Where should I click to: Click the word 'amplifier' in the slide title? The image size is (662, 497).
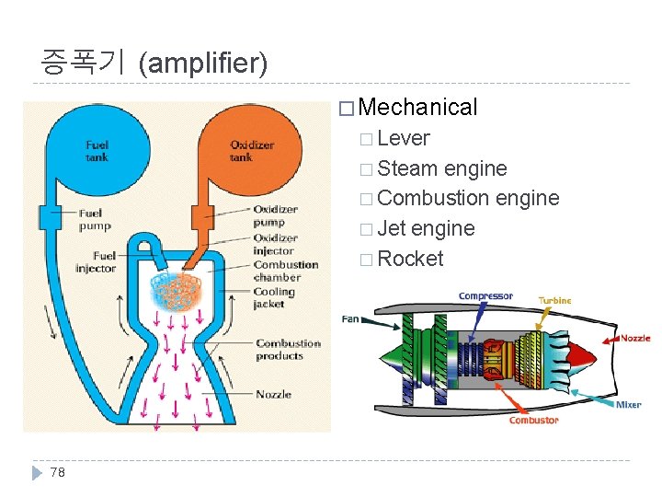(x=202, y=64)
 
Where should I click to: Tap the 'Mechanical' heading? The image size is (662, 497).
(x=418, y=107)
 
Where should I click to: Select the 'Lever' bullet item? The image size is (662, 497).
(x=404, y=138)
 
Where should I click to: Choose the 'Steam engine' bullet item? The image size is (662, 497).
(x=441, y=168)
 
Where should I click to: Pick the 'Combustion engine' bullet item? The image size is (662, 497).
(x=467, y=198)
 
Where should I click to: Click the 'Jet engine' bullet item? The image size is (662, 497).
(x=426, y=228)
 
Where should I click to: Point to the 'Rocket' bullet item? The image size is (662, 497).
(x=410, y=259)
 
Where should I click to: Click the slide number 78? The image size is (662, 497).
(x=58, y=472)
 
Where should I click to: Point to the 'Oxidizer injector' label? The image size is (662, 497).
(x=274, y=244)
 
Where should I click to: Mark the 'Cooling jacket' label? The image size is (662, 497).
(x=274, y=297)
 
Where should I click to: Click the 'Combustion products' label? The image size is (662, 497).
(x=288, y=350)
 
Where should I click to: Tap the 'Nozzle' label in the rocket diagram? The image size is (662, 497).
(x=273, y=394)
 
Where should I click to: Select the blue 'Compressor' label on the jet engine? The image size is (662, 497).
(x=485, y=296)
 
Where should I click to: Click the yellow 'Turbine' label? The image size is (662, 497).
(x=554, y=300)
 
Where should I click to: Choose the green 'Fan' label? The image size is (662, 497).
(x=350, y=319)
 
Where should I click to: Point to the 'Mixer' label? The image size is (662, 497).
(x=629, y=405)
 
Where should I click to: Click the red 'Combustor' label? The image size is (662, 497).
(x=533, y=421)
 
